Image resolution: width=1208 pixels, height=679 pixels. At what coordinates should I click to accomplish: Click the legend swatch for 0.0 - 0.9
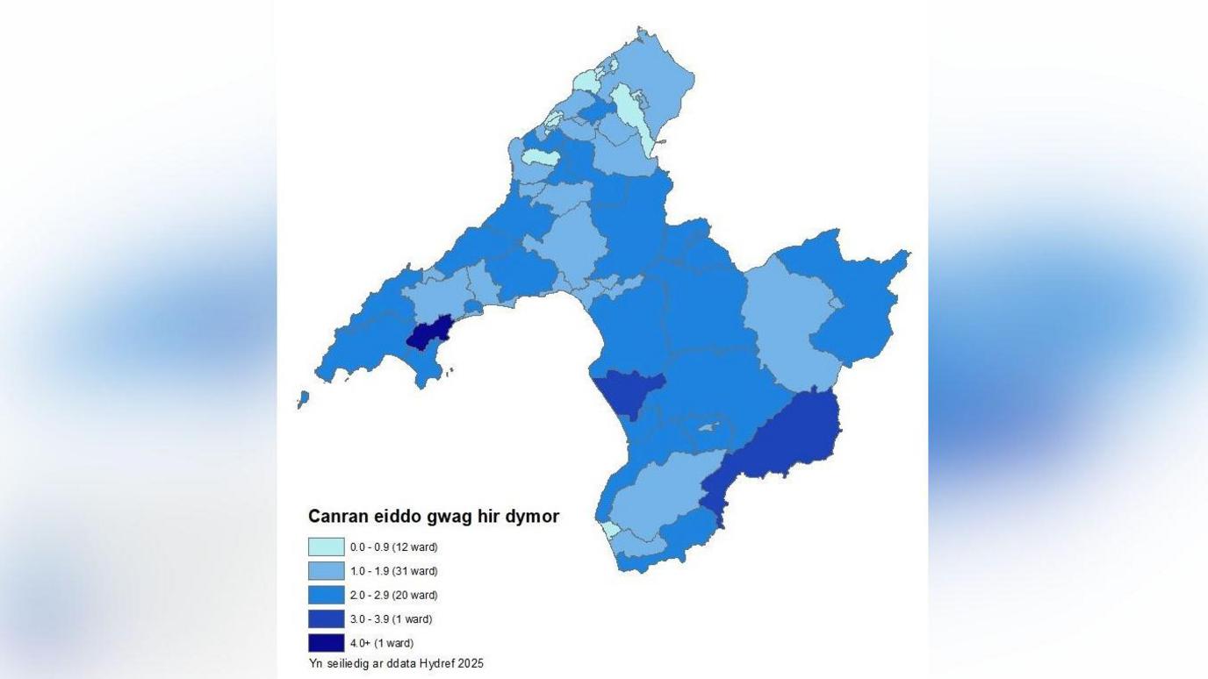[x=326, y=547]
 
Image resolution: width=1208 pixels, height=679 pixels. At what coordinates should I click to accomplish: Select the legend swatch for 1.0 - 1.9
[x=326, y=571]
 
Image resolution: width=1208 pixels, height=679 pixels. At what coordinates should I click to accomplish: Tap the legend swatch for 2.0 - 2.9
[x=326, y=595]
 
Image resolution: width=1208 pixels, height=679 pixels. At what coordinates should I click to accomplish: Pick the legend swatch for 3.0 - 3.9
[x=326, y=618]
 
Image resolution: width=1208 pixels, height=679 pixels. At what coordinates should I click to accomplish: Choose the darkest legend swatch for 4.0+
[x=326, y=643]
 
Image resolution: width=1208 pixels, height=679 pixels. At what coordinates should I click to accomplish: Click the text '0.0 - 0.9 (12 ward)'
[x=393, y=547]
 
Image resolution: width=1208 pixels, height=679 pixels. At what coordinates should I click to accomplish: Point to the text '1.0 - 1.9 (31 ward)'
[x=393, y=571]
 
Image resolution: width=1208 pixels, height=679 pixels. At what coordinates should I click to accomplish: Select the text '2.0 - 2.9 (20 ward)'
[x=393, y=595]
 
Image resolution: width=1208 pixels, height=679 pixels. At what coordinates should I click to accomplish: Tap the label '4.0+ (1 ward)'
[x=382, y=643]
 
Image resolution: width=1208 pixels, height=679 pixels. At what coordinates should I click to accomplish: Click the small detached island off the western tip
[x=303, y=400]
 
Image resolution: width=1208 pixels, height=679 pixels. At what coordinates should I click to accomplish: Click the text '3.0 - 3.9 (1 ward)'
[x=391, y=619]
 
